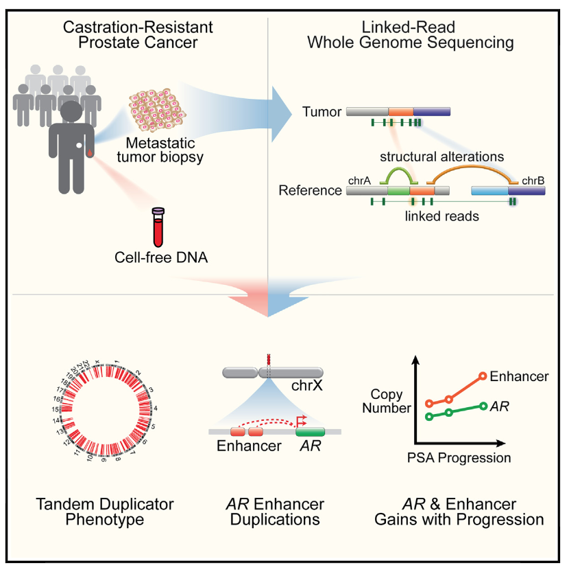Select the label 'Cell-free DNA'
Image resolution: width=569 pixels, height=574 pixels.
[158, 258]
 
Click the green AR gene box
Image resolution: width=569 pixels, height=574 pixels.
[310, 433]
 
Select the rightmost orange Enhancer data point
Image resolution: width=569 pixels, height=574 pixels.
[483, 376]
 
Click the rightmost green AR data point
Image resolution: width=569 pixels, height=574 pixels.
[483, 406]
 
